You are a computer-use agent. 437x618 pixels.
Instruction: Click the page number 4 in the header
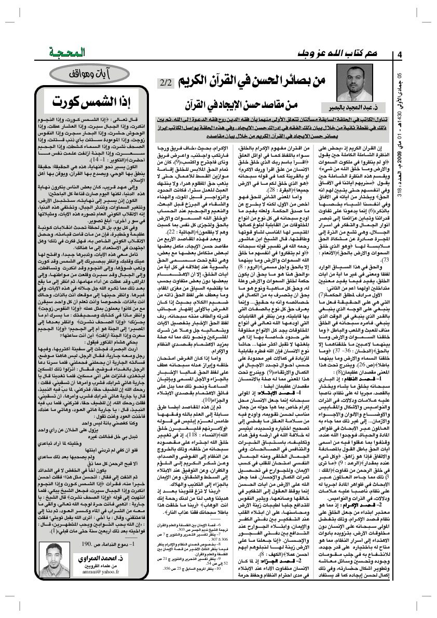pyautogui.click(x=400, y=56)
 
